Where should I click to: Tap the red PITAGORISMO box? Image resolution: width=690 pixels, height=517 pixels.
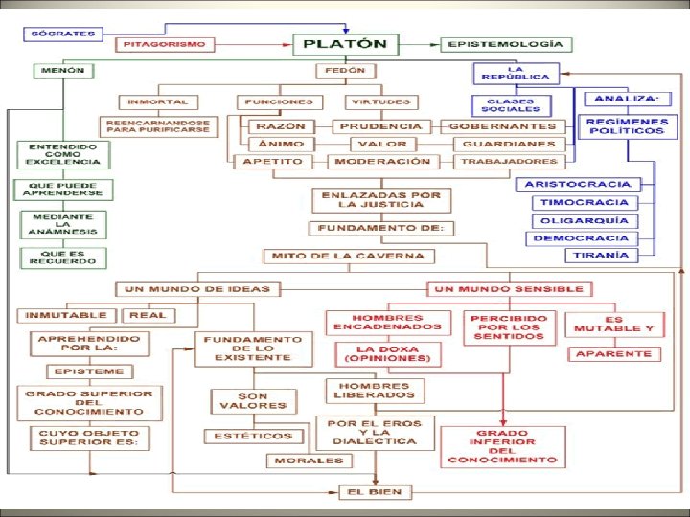click(166, 44)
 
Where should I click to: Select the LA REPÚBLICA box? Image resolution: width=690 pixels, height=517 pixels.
click(515, 74)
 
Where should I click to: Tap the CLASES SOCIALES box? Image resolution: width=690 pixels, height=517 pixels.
click(512, 105)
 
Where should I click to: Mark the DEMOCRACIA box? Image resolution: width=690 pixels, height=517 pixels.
click(582, 237)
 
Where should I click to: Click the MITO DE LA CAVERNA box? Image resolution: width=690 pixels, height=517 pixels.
click(349, 256)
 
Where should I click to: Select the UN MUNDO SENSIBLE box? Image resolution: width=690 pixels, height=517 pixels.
click(509, 288)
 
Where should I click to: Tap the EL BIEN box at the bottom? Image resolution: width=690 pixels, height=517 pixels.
click(377, 492)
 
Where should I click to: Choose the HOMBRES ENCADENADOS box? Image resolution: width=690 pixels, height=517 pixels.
click(388, 323)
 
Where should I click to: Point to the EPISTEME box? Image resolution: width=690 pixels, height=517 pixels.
click(89, 371)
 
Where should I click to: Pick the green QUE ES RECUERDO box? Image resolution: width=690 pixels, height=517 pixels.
click(61, 258)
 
